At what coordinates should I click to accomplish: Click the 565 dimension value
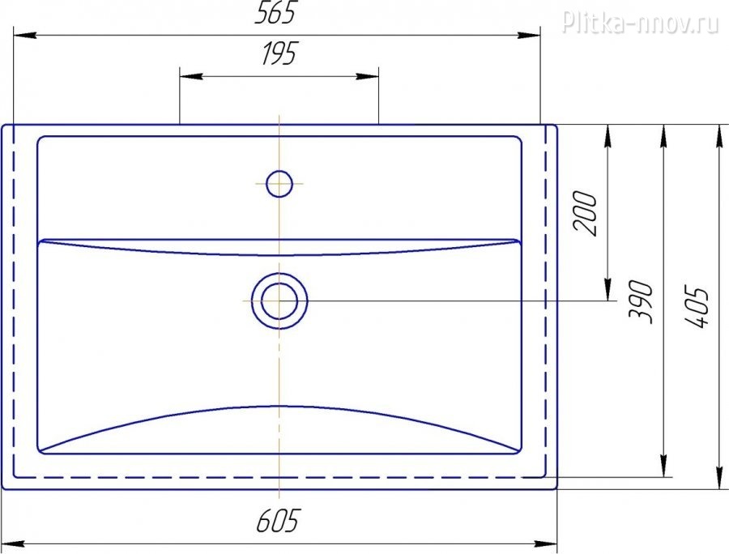(275, 14)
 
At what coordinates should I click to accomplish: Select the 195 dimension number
(279, 53)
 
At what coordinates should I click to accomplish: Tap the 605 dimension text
(279, 520)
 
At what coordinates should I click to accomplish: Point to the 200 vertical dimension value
(585, 213)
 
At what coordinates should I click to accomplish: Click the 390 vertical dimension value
(641, 301)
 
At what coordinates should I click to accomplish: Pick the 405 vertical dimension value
(697, 308)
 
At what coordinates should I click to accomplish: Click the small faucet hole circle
(279, 184)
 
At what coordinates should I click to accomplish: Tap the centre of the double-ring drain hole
(279, 301)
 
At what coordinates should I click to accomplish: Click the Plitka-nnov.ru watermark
(641, 23)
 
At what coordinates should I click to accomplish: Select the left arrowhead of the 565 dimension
(24, 36)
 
